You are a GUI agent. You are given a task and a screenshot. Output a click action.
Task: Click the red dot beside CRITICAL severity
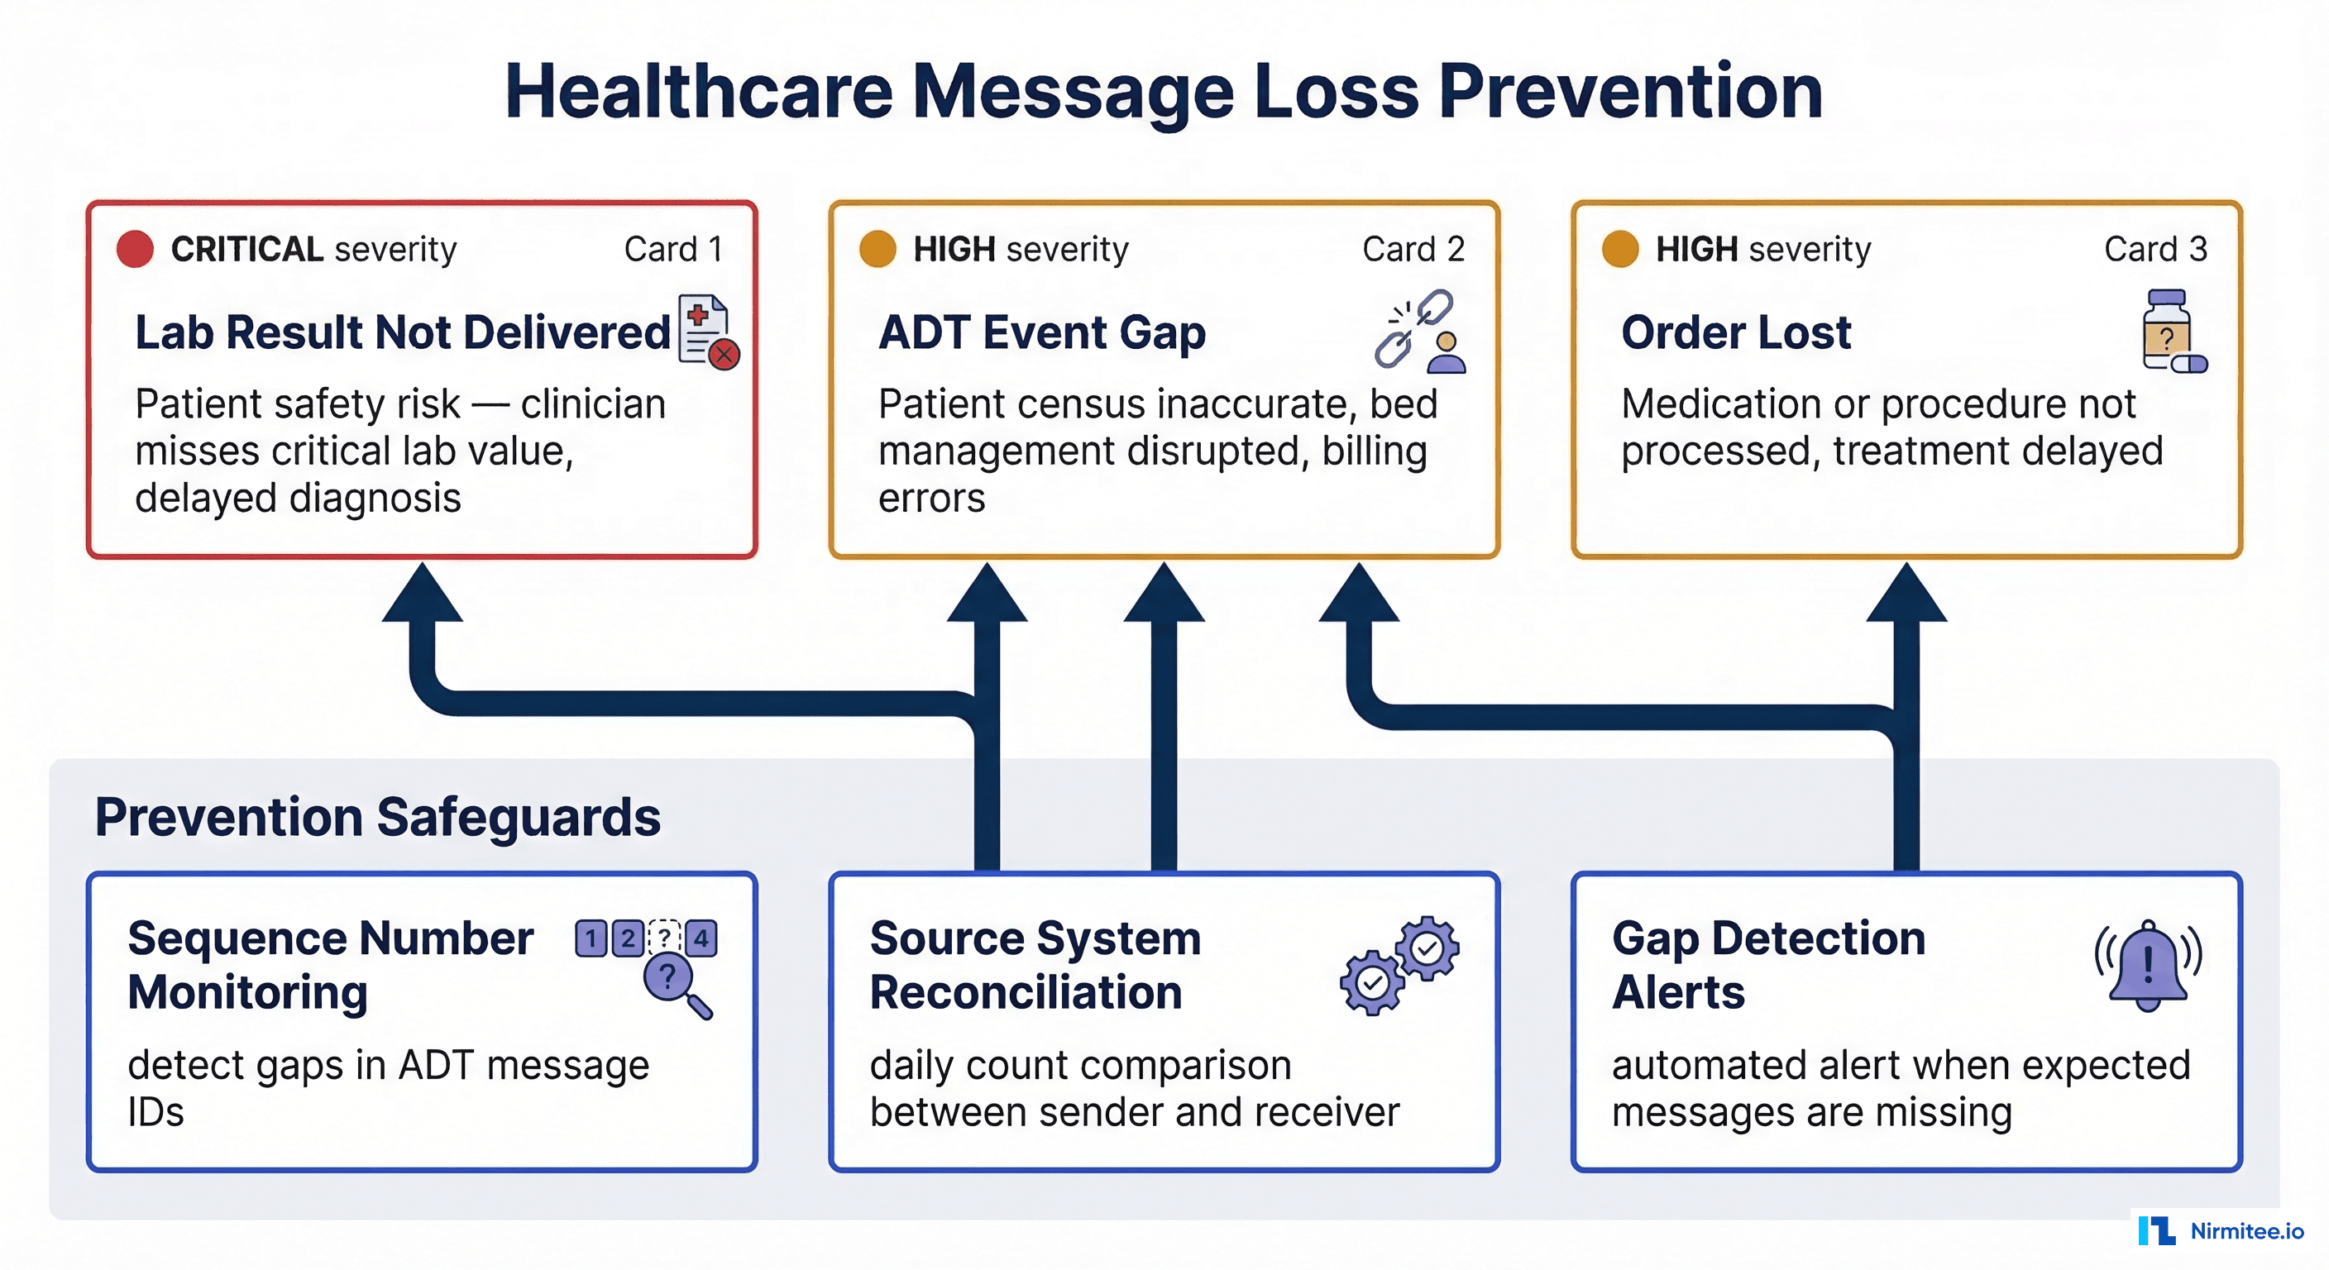[x=135, y=250]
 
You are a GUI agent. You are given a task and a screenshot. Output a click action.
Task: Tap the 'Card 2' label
[x=1413, y=250]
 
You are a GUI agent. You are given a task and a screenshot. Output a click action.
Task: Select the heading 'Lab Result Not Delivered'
[x=402, y=332]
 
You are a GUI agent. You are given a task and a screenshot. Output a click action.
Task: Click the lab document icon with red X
[x=708, y=332]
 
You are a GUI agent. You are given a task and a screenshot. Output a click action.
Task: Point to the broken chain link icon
[x=1413, y=328]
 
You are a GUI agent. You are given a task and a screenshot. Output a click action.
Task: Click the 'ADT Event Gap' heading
[x=1041, y=332]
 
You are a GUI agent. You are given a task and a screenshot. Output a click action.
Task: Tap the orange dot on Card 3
[x=1619, y=250]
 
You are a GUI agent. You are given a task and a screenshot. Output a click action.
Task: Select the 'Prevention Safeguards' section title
[x=377, y=817]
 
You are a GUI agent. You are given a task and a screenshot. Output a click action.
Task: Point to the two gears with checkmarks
[x=1399, y=966]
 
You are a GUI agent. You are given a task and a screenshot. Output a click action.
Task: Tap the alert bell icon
[x=2147, y=967]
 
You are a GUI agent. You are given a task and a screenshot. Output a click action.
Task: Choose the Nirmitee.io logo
[x=2220, y=1230]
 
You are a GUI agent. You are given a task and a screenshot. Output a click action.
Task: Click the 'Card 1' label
[x=672, y=250]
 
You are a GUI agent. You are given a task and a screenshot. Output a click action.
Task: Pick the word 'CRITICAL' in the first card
[x=246, y=250]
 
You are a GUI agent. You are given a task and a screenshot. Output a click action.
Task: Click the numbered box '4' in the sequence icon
[x=701, y=938]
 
